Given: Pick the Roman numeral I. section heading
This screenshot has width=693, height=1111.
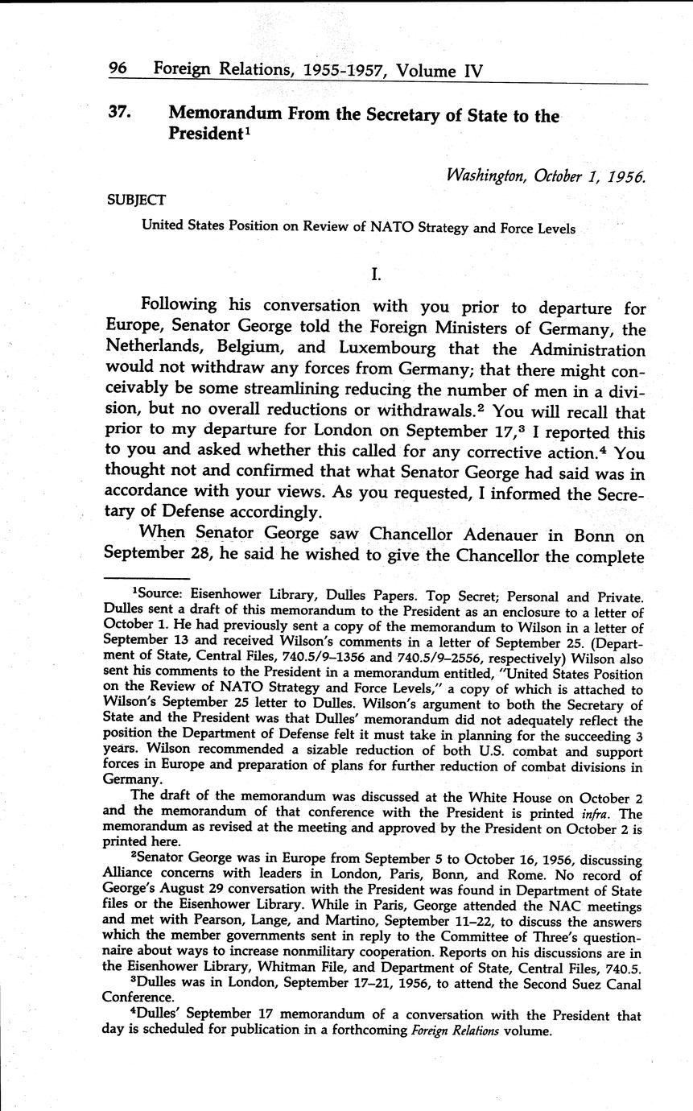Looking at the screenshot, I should tap(376, 274).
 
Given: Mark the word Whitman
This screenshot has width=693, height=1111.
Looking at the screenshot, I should tap(261, 969).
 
